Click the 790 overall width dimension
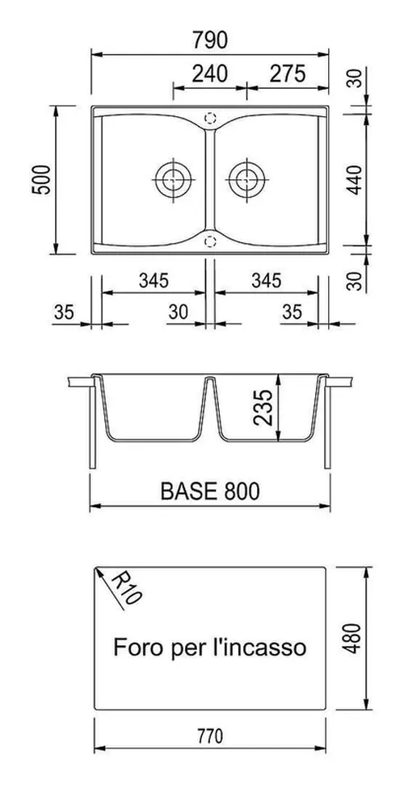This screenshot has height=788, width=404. pyautogui.click(x=210, y=39)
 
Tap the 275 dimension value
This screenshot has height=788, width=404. pyautogui.click(x=287, y=73)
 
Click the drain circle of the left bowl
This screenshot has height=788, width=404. pyautogui.click(x=172, y=179)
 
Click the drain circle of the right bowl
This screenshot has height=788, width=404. pyautogui.click(x=246, y=179)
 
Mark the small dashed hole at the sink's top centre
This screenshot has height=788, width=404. pyautogui.click(x=211, y=117)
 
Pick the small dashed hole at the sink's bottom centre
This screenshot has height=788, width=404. pyautogui.click(x=211, y=240)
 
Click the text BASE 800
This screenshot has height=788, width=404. pyautogui.click(x=209, y=490)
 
